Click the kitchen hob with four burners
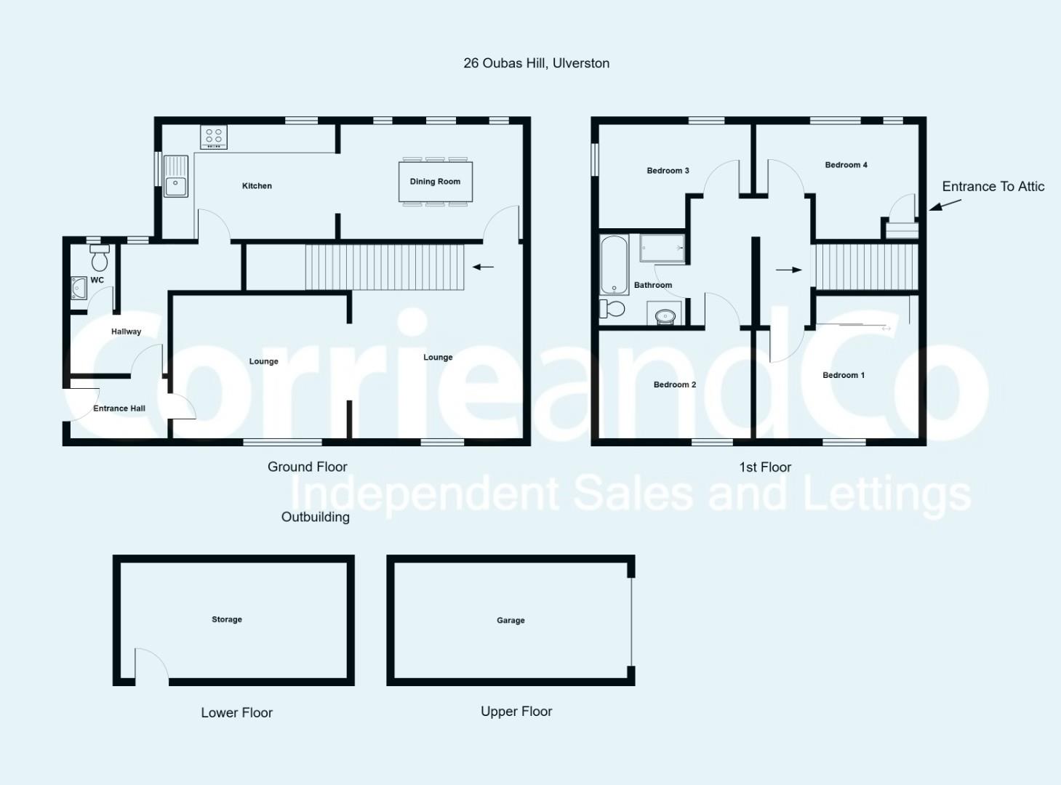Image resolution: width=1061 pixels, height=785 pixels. pyautogui.click(x=213, y=137)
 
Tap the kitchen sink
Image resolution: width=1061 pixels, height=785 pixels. pyautogui.click(x=176, y=177)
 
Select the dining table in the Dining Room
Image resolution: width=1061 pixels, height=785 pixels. pyautogui.click(x=436, y=182)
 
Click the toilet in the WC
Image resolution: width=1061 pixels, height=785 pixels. pyautogui.click(x=100, y=258)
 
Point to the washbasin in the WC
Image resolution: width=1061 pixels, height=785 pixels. pyautogui.click(x=79, y=288)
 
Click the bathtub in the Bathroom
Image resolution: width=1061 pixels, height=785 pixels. pyautogui.click(x=614, y=265)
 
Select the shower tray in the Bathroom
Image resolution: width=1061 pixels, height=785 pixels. pyautogui.click(x=662, y=248)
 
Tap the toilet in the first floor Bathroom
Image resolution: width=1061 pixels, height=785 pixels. pyautogui.click(x=612, y=309)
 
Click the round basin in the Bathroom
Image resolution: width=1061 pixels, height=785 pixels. pyautogui.click(x=665, y=316)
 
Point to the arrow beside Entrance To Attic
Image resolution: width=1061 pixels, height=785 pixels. pyautogui.click(x=945, y=205)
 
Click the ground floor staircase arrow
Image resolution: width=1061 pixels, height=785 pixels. pyautogui.click(x=483, y=267)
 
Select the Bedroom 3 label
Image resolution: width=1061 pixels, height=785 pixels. pyautogui.click(x=668, y=171)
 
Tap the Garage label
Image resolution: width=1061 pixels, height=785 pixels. pyautogui.click(x=511, y=620)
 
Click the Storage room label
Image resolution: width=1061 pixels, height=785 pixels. pyautogui.click(x=227, y=619)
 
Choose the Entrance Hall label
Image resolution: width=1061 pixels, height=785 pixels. pyautogui.click(x=119, y=408)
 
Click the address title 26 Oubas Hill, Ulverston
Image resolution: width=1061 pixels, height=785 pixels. pyautogui.click(x=536, y=63)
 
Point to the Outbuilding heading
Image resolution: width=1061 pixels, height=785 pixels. pyautogui.click(x=315, y=517)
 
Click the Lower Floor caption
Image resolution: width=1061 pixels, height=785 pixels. pyautogui.click(x=237, y=712)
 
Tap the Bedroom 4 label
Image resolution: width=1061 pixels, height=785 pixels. pyautogui.click(x=846, y=165)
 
